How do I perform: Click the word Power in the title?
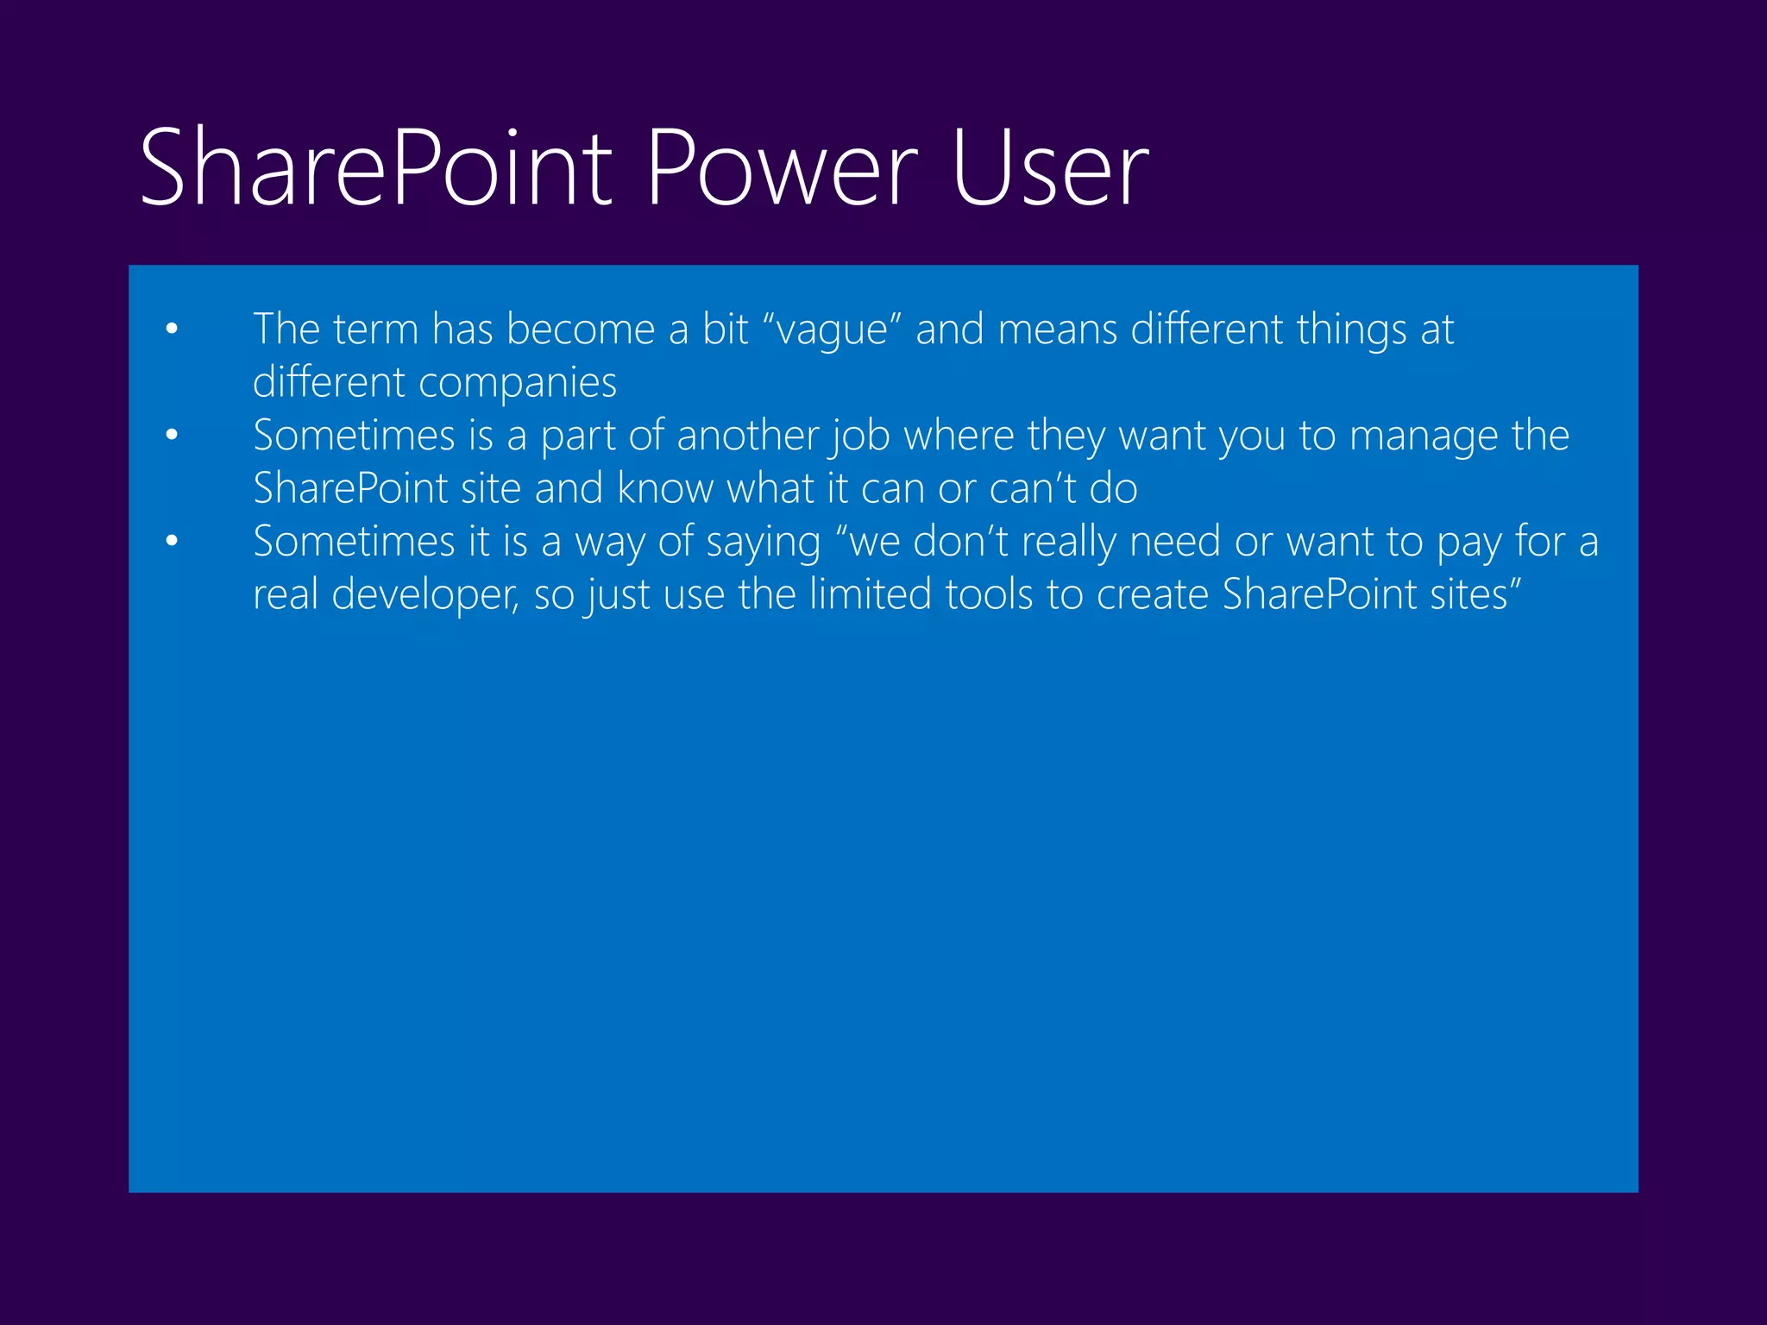point(782,167)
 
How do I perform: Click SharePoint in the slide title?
point(375,167)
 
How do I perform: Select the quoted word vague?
point(832,331)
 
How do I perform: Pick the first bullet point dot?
point(172,329)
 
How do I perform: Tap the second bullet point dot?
point(172,435)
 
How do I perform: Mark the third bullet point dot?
point(172,541)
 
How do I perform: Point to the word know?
point(665,489)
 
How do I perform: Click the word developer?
point(424,595)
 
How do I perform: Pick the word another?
point(748,436)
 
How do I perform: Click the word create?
point(1152,594)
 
